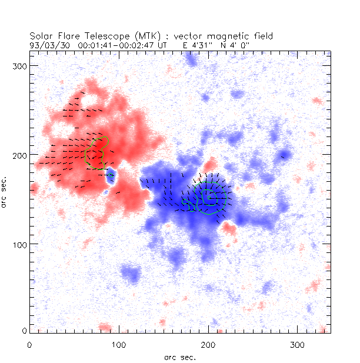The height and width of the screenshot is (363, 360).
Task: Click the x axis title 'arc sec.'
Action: click(x=179, y=357)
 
